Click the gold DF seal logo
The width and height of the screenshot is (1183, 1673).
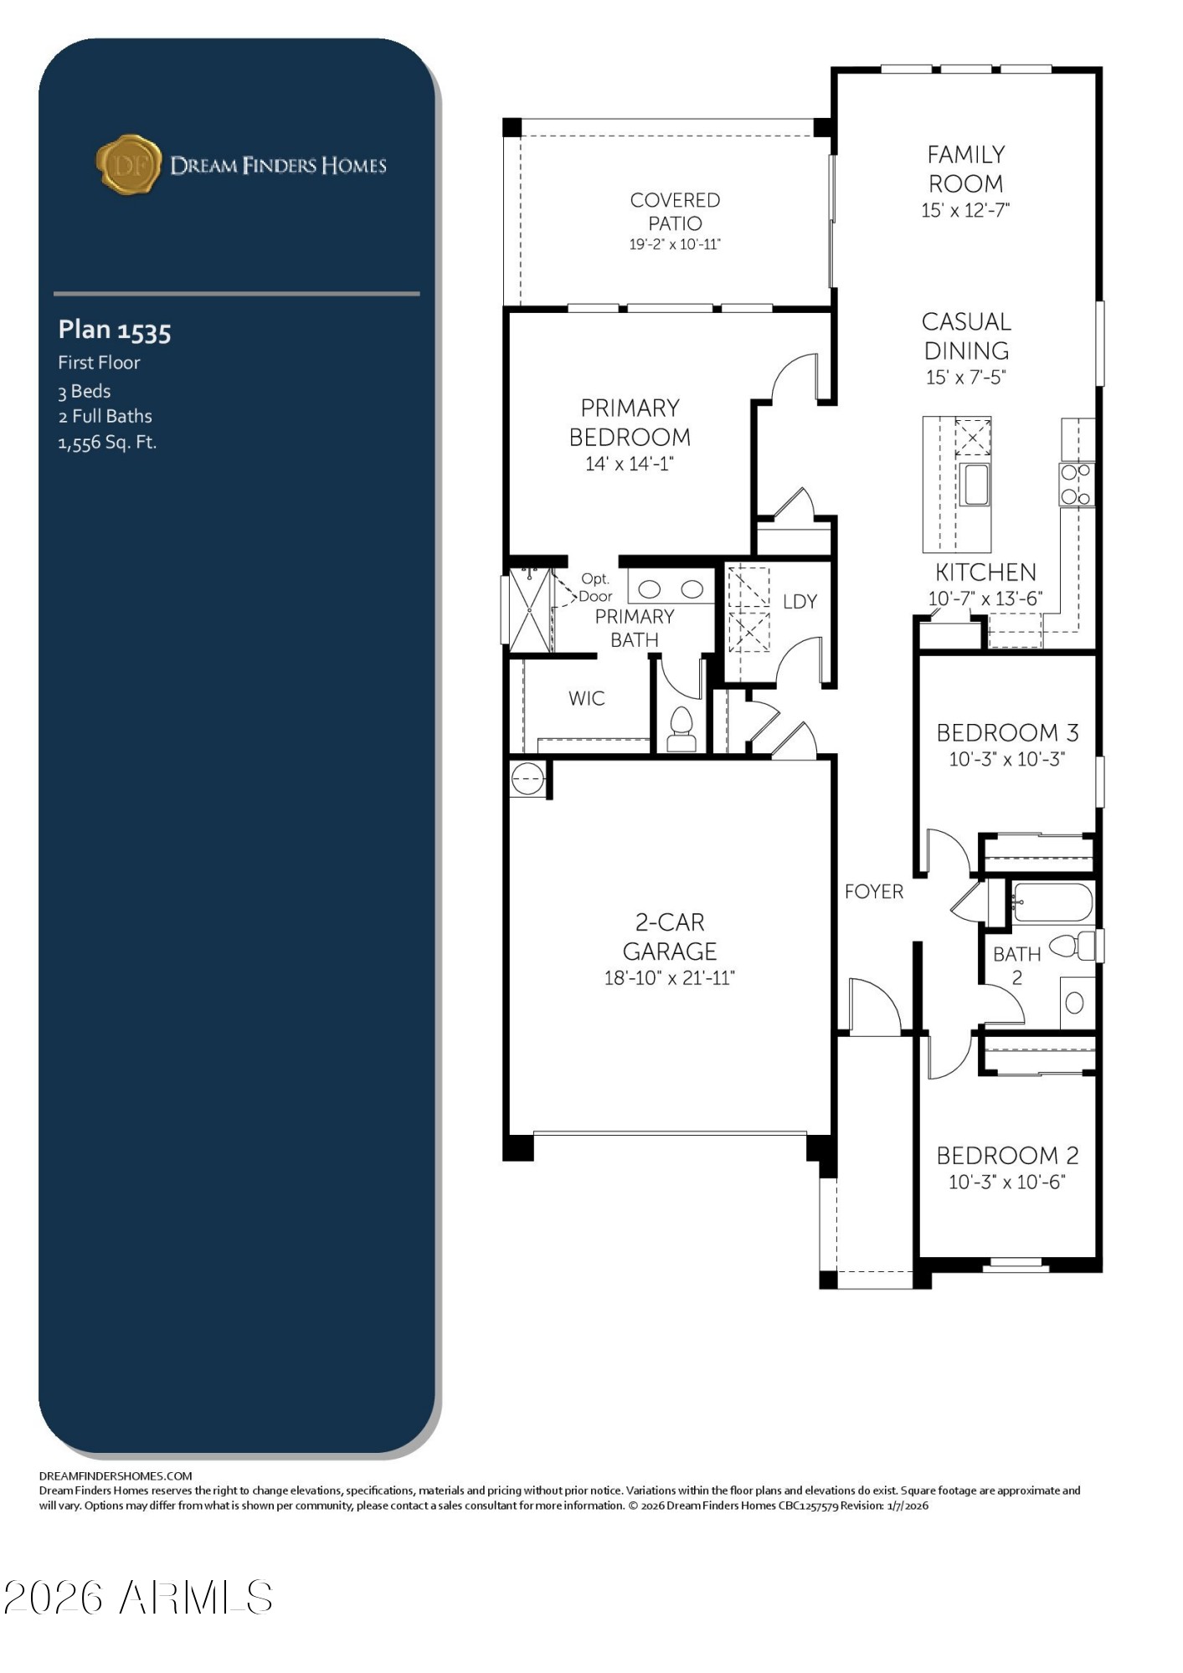[x=128, y=164]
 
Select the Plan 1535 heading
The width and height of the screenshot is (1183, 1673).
[x=115, y=331]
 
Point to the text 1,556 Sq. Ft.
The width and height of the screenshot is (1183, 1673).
[x=107, y=443]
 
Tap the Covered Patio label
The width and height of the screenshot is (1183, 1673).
[x=675, y=212]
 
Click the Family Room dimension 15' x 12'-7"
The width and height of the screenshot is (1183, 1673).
[x=965, y=210]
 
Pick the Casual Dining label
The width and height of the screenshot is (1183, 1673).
[x=966, y=336]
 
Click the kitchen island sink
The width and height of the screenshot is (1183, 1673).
[x=975, y=485]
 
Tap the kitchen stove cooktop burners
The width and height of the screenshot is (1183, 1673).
[x=1077, y=484]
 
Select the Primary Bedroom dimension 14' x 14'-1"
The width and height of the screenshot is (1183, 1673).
[x=630, y=464]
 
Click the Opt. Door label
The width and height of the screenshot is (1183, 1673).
[x=595, y=588]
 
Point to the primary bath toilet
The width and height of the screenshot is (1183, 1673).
[x=682, y=729]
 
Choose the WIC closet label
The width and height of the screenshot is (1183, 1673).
[x=586, y=698]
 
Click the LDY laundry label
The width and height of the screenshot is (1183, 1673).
[x=800, y=602]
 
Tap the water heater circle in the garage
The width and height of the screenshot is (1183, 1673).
[x=527, y=779]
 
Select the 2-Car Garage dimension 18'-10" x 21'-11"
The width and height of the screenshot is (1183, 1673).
[x=669, y=978]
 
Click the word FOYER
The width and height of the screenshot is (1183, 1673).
[x=874, y=891]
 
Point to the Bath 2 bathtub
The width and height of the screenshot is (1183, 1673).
[x=1052, y=903]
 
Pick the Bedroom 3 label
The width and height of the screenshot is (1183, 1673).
[x=1007, y=732]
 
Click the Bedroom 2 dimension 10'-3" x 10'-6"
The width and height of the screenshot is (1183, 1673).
[x=1006, y=1182]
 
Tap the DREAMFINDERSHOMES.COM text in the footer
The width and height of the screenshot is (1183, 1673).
[x=116, y=1475]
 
